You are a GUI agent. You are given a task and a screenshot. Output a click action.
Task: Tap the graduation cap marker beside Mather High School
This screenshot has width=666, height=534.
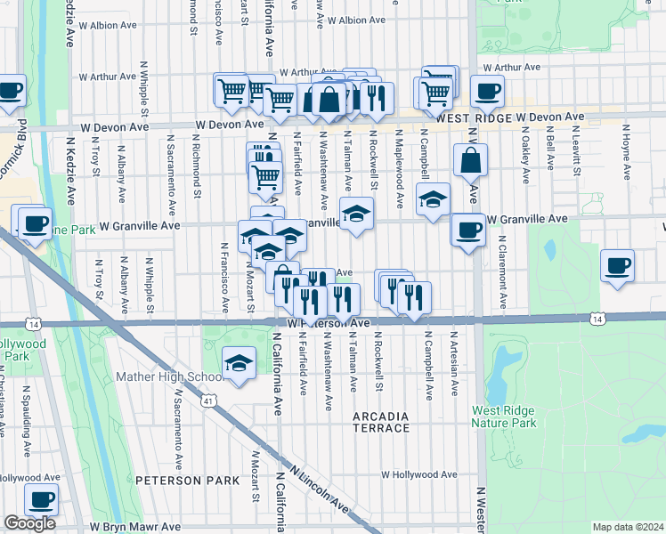point(238,364)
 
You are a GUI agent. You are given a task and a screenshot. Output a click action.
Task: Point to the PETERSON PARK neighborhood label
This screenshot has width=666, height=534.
point(187,481)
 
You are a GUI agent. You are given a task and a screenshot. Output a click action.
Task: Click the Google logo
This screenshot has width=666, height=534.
point(29,523)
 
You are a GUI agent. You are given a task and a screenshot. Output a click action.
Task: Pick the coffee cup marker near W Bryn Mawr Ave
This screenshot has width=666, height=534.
point(41,501)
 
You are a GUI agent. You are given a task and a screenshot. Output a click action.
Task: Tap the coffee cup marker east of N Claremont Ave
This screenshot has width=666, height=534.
point(617,266)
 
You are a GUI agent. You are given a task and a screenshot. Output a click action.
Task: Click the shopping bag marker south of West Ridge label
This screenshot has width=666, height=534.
point(470,161)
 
